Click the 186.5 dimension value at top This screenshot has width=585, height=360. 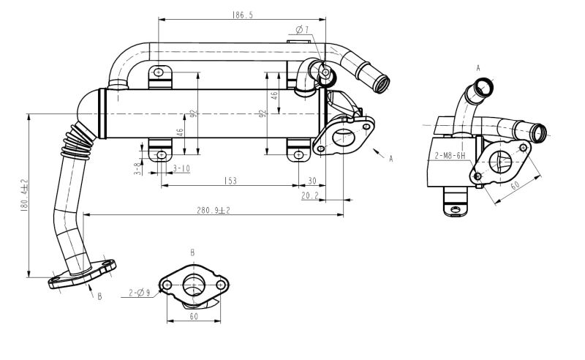(243, 15)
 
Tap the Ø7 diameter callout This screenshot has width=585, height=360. (302, 29)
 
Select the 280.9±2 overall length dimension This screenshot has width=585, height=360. (214, 210)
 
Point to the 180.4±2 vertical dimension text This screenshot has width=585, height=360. (24, 195)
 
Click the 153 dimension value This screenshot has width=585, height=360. (230, 181)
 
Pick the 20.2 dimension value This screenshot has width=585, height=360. (309, 195)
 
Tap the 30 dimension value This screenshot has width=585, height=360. (312, 181)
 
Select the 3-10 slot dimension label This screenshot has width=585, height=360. (181, 169)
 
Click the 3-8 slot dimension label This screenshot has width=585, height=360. (138, 169)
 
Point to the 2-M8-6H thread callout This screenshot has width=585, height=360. (450, 156)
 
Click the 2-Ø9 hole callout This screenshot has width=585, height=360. (140, 293)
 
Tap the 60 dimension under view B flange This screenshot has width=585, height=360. (194, 317)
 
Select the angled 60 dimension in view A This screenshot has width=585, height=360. (515, 185)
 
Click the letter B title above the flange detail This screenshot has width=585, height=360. (192, 253)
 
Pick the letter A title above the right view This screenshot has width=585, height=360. (478, 68)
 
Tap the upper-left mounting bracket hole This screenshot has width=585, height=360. (159, 72)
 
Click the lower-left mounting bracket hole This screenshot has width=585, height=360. (162, 154)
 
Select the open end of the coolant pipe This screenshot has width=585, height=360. (382, 84)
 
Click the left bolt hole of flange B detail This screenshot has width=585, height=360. (167, 285)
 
